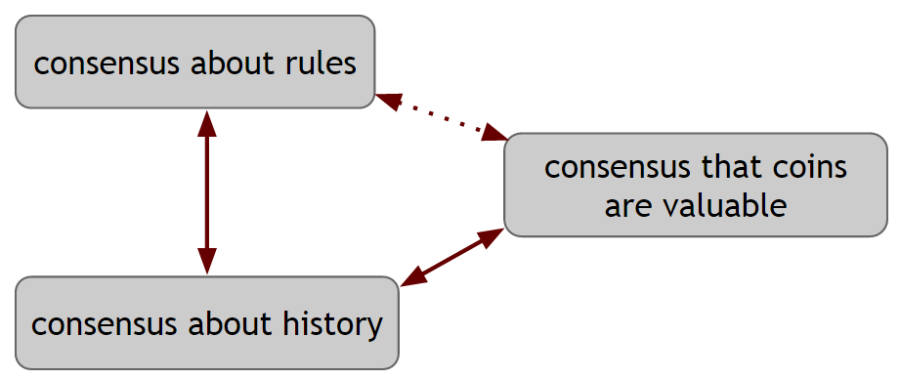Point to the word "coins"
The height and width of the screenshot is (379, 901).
(x=806, y=167)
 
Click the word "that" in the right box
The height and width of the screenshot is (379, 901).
(x=726, y=167)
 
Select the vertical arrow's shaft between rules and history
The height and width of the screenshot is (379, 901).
(x=206, y=190)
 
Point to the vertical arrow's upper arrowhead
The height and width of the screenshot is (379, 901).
(x=206, y=121)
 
